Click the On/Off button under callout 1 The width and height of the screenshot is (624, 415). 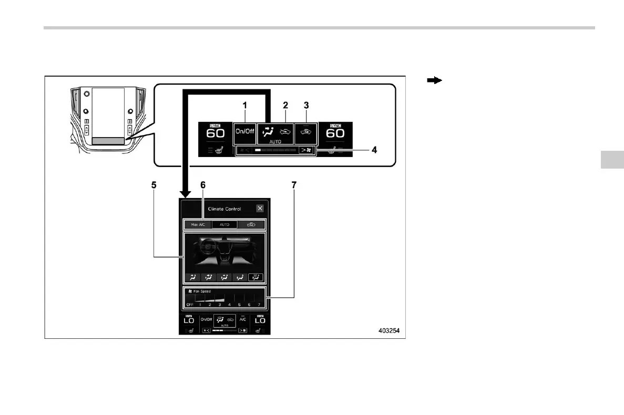(244, 133)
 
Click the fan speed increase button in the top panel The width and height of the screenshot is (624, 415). (306, 150)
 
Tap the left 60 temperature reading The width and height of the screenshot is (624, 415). (215, 133)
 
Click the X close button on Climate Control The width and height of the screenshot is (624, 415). (260, 208)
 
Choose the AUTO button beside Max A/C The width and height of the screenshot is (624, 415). (224, 224)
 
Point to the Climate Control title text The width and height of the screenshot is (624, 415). (224, 209)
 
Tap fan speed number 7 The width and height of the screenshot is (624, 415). (259, 305)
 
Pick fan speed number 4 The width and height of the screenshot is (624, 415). (229, 305)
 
